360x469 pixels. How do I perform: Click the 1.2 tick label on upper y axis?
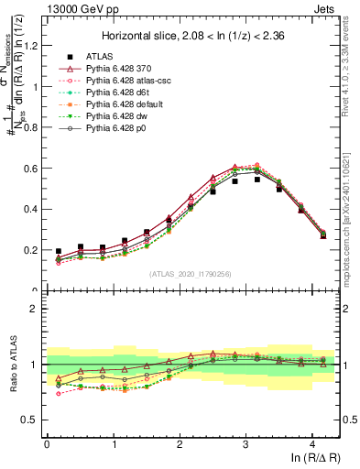[x=30, y=46]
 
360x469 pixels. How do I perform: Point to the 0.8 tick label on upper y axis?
[x=30, y=127]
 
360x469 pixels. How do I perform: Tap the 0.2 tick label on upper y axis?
[x=30, y=249]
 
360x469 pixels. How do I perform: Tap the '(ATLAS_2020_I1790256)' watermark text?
[x=191, y=274]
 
